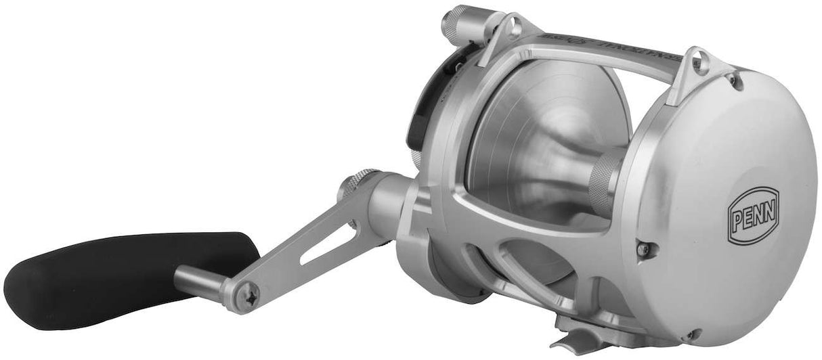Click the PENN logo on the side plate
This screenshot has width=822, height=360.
754,214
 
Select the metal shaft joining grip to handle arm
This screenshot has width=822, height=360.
200,277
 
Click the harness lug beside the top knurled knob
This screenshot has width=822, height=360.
510,28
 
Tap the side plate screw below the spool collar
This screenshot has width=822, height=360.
643,249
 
